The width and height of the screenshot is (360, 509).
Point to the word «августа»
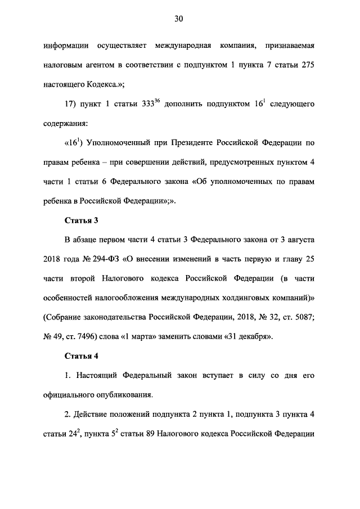coord(299,240)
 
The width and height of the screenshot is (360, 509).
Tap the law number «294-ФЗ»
coord(101,260)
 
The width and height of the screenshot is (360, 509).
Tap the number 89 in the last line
coord(161,435)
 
